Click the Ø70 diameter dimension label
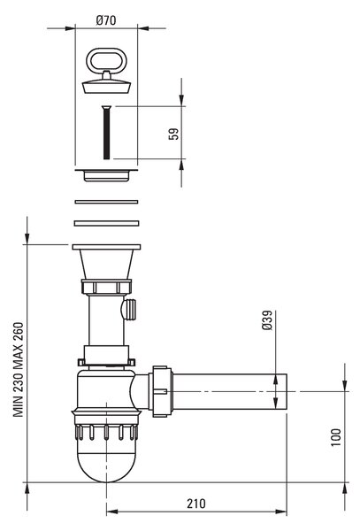pos(106,20)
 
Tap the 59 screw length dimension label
pos(173,134)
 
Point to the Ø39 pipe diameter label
pos(267,320)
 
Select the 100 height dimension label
pos(335,437)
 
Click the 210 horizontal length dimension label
pos(195,504)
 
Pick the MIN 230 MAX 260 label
pos(19,369)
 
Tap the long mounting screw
pos(106,132)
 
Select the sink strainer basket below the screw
pos(106,175)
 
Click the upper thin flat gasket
pos(106,202)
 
